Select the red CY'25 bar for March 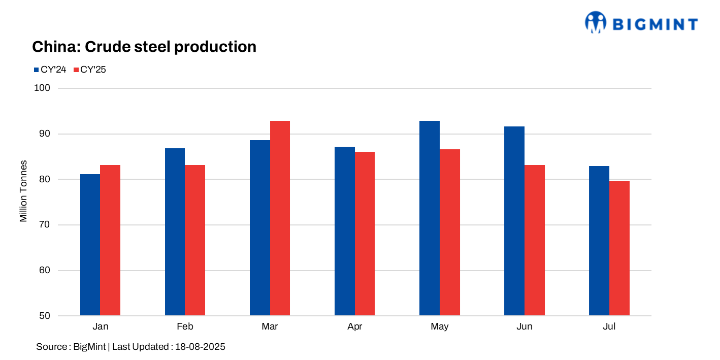click(x=280, y=218)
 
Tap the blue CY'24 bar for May click(x=429, y=218)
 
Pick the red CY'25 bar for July click(x=619, y=248)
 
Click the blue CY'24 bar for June click(x=514, y=221)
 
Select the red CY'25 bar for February click(x=195, y=240)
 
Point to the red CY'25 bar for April click(x=365, y=234)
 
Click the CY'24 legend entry click(x=50, y=70)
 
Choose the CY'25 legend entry click(x=90, y=70)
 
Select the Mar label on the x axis click(x=270, y=326)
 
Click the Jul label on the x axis click(x=609, y=326)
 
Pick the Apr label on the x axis click(x=354, y=326)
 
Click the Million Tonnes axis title click(x=23, y=191)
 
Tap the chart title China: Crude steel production click(x=144, y=47)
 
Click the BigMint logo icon click(x=596, y=22)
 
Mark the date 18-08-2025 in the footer click(x=200, y=347)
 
